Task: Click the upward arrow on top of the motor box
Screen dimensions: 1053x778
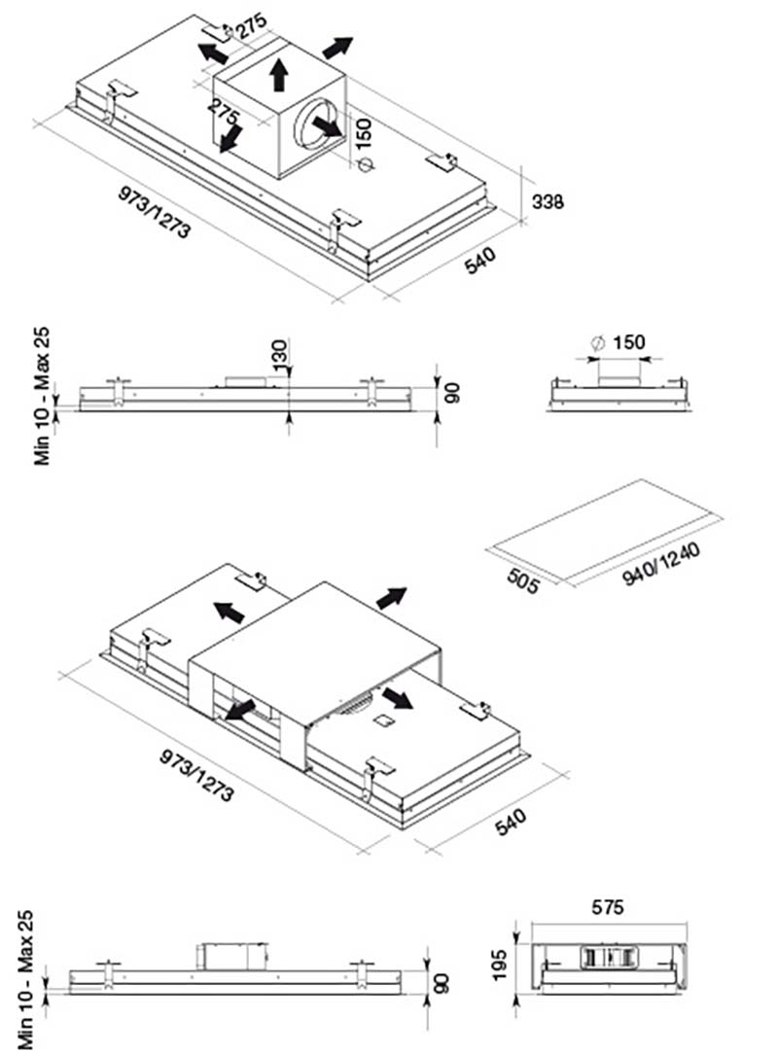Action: pos(280,72)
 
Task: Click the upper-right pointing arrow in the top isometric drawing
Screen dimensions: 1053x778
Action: pos(337,47)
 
